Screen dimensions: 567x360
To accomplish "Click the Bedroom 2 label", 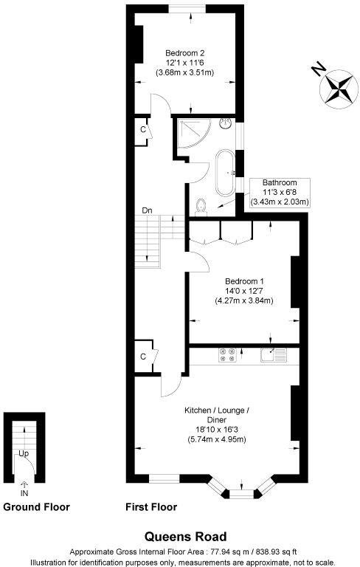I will (185, 52).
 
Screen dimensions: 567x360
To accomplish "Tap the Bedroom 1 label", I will (244, 281).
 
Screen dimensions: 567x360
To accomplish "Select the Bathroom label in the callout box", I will (280, 183).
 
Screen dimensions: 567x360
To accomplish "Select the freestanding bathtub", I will (224, 172).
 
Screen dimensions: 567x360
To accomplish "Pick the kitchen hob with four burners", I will (227, 355).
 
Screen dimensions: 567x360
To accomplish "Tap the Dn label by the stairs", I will (148, 210).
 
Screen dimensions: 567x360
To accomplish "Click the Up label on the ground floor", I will (24, 453).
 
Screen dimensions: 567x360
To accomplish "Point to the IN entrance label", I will (24, 492).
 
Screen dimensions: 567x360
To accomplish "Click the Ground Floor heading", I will (36, 507).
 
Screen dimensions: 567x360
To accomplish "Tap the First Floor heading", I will (153, 507).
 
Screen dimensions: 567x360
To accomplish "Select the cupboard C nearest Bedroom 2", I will (142, 129).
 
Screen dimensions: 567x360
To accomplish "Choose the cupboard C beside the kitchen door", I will (142, 357).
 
